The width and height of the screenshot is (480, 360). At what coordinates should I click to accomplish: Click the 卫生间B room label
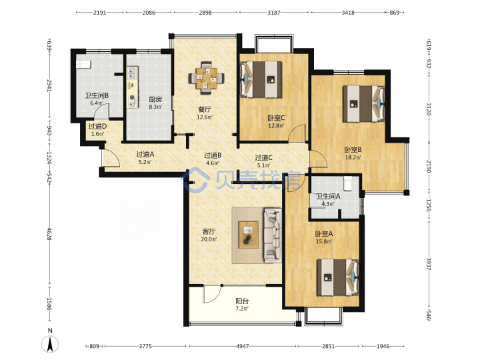[97, 95]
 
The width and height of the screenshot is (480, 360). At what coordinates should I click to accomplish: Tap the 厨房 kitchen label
[155, 99]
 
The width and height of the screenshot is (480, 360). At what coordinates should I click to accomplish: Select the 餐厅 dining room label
[205, 109]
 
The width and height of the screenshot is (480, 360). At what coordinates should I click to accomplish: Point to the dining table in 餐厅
[206, 78]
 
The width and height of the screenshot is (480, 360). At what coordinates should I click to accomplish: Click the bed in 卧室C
[261, 79]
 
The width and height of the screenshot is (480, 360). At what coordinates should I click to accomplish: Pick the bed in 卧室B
[363, 104]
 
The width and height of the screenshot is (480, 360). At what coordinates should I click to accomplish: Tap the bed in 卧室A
[337, 277]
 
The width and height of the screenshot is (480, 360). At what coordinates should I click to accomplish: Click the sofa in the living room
[273, 235]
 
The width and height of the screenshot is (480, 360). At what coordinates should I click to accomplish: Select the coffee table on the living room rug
[249, 235]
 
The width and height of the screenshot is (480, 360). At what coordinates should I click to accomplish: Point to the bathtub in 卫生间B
[83, 64]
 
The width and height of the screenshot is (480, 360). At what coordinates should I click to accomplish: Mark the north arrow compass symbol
[50, 343]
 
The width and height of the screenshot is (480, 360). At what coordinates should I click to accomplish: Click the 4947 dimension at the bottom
[243, 346]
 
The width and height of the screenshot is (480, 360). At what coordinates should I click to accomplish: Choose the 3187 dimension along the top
[274, 13]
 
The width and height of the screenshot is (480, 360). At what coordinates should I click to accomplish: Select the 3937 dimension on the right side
[429, 263]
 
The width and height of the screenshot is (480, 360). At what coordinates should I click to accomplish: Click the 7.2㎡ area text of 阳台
[242, 309]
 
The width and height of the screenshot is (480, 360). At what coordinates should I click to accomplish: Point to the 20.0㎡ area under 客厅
[209, 239]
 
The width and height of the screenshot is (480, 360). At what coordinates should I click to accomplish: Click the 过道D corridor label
[97, 126]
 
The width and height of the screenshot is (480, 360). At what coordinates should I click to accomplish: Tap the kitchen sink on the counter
[133, 73]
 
